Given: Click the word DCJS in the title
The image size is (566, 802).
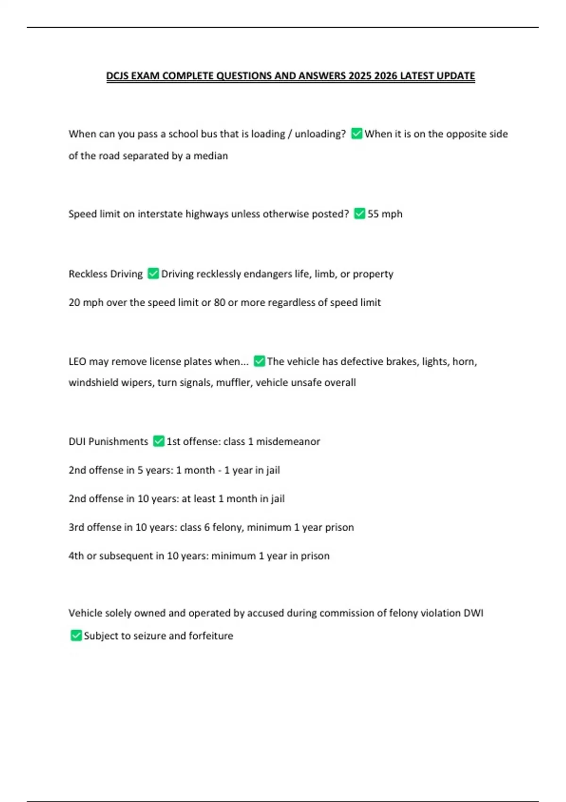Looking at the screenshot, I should [x=117, y=76].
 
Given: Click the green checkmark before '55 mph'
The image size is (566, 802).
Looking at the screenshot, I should [x=359, y=214].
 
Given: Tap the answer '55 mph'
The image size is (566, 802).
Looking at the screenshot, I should [x=385, y=214].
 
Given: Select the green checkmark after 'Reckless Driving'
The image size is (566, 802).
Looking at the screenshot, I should [x=153, y=274].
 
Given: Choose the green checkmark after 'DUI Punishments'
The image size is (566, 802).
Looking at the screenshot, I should [x=159, y=441].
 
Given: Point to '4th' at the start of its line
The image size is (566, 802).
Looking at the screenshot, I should [x=76, y=556].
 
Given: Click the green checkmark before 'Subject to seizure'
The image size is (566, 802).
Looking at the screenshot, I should [x=76, y=635].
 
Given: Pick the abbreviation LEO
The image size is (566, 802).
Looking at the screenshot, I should [x=77, y=362].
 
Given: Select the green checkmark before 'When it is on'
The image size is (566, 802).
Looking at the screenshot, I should [x=357, y=134].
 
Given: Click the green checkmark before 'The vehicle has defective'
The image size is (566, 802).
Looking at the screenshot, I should [x=259, y=361].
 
